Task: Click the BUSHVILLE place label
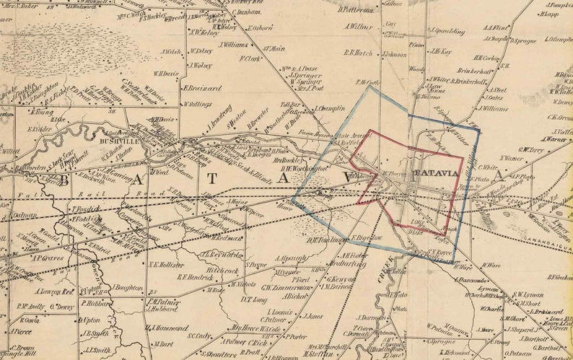[110, 143]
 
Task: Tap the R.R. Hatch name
[358, 52]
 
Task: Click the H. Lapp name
[551, 13]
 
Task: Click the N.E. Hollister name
[167, 265]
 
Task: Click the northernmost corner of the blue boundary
[370, 87]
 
